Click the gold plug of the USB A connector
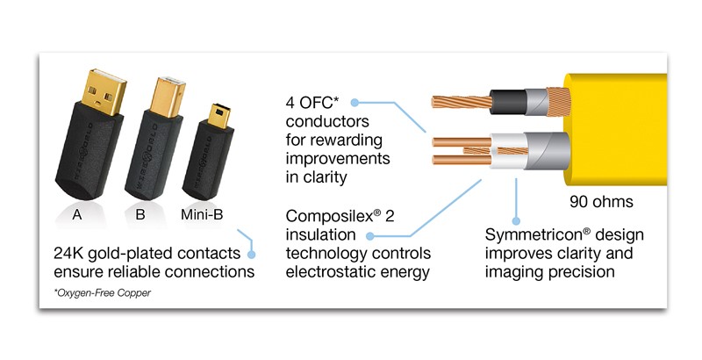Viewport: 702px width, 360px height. [x=102, y=92]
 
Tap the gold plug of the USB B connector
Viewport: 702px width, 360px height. [x=168, y=97]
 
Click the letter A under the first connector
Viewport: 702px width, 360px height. [x=77, y=215]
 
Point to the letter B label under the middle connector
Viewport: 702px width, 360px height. [x=140, y=214]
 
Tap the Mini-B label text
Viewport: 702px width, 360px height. [x=202, y=214]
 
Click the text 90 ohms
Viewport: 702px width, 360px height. [x=601, y=202]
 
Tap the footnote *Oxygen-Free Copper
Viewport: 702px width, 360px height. [x=103, y=293]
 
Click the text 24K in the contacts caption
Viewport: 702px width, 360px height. [x=68, y=254]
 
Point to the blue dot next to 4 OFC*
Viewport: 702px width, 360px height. [x=355, y=103]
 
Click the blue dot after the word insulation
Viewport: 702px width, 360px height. [x=369, y=235]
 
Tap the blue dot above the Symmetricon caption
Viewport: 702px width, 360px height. [x=516, y=220]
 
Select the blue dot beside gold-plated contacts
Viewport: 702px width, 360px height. [x=252, y=255]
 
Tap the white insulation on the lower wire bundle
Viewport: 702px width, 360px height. [x=507, y=151]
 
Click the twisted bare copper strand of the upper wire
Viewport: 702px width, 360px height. [x=462, y=102]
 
